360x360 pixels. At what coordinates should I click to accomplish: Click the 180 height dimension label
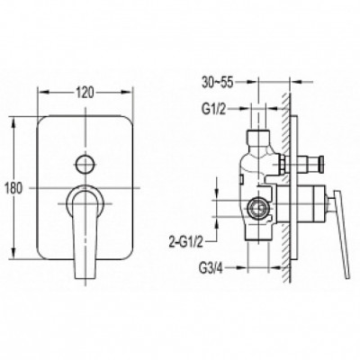[x=13, y=189]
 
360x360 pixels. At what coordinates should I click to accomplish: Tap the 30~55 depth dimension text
[x=217, y=82]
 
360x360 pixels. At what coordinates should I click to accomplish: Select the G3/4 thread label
[x=211, y=267]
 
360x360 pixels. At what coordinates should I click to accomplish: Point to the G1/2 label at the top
[x=213, y=110]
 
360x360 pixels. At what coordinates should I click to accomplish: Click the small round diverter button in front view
[x=85, y=164]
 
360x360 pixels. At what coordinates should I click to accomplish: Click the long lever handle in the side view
[x=339, y=234]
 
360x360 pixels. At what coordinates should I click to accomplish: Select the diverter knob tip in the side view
[x=321, y=164]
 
